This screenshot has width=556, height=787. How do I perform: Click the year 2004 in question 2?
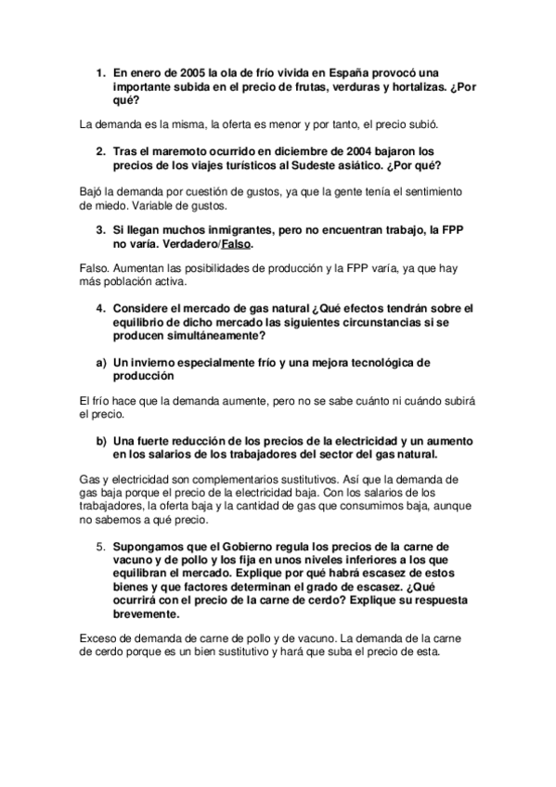378,150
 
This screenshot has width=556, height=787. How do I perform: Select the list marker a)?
100,363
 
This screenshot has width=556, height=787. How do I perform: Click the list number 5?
100,547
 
